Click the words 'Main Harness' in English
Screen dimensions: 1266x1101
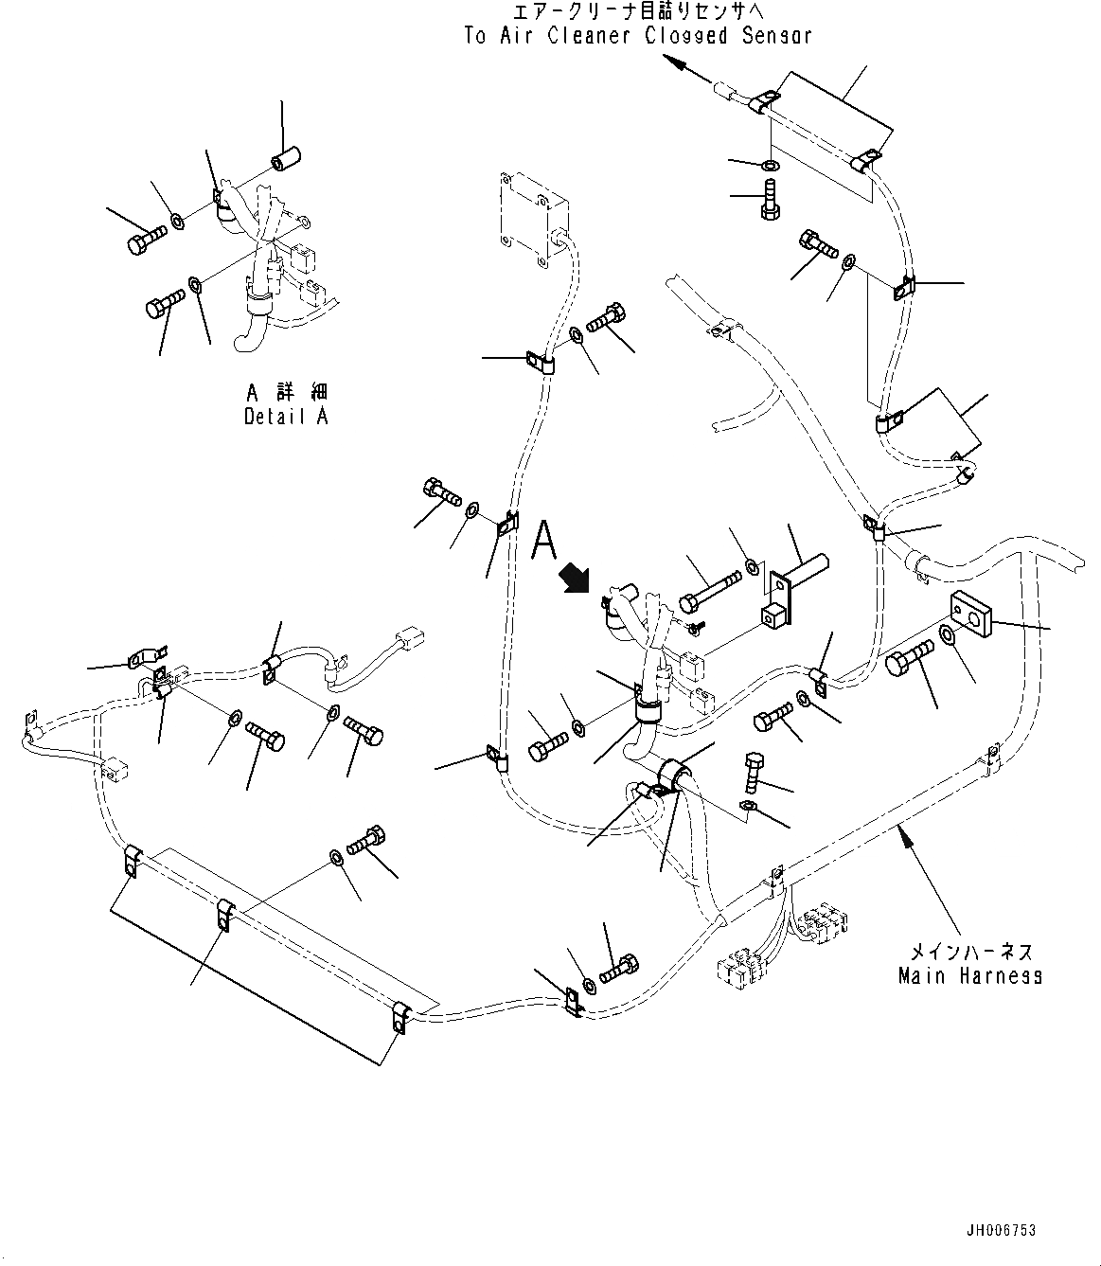coord(969,975)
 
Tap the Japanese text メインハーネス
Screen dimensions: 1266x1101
coord(970,952)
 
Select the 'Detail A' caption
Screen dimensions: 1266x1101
coord(286,416)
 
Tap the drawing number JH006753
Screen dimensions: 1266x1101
coord(1001,1230)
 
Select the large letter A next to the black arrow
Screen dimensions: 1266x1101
coord(544,540)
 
